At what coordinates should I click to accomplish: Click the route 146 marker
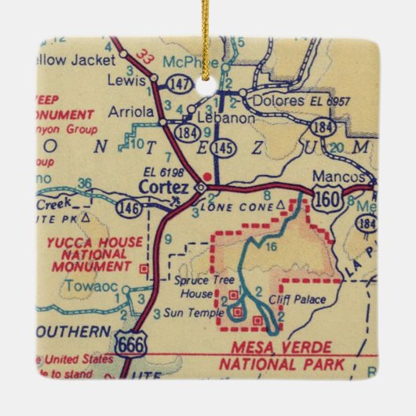coord(127,208)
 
